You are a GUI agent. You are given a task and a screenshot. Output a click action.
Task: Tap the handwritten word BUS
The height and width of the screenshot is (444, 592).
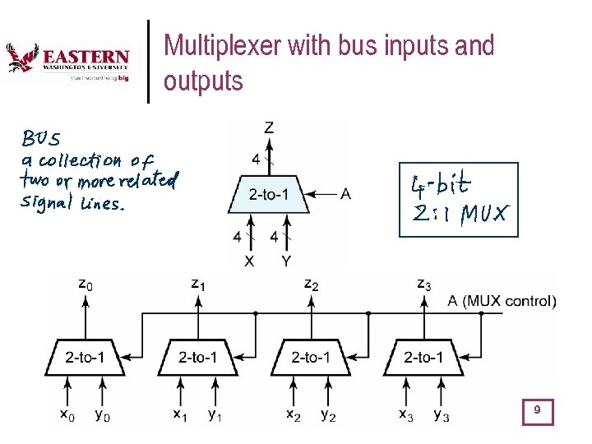coord(41,136)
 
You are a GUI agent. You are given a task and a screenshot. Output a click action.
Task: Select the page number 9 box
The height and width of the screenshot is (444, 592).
coord(538,410)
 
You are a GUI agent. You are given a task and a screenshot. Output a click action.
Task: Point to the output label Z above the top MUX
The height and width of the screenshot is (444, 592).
coord(269,127)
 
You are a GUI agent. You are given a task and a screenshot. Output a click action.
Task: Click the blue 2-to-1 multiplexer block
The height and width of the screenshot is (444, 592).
coord(269,195)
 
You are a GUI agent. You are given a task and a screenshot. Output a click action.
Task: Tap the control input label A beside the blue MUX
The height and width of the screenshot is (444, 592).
coord(345,194)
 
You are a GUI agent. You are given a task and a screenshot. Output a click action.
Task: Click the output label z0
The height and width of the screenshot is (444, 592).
coord(85,284)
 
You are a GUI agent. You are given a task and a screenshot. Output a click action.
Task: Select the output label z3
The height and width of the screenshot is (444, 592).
coord(423,284)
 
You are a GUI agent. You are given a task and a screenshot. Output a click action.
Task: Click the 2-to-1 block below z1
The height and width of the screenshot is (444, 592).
coord(197,356)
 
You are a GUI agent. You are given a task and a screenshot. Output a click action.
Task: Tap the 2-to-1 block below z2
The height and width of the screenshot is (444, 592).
coord(310,356)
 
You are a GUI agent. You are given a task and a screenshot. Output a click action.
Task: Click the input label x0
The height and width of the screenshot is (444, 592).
coord(67,416)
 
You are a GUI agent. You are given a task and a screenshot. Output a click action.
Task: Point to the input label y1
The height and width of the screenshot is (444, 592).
coord(215,416)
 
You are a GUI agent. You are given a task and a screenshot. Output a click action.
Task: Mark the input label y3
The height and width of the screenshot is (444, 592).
coord(442,416)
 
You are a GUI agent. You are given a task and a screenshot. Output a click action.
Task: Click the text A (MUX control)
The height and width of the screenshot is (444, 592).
coord(502,301)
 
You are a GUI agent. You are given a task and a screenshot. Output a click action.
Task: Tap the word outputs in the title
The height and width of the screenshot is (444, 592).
coord(203,81)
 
